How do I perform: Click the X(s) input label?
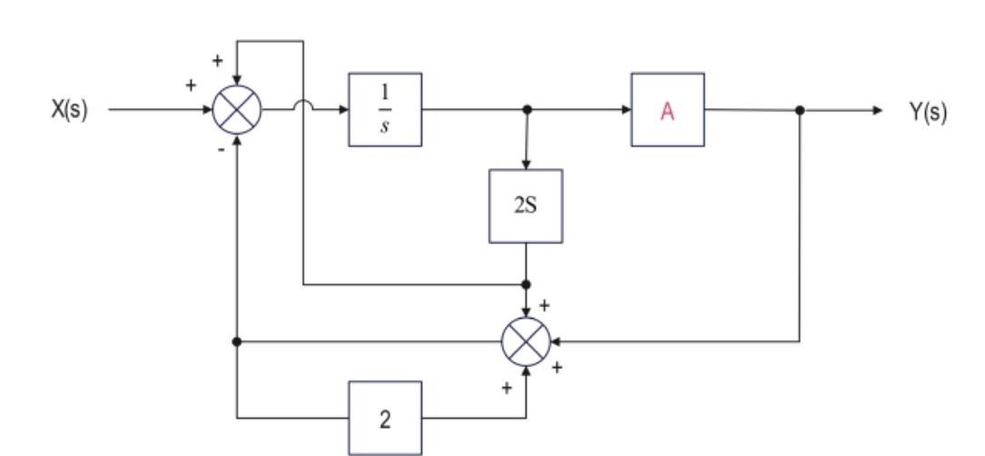[x=68, y=111]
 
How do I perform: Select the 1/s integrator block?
[x=384, y=110]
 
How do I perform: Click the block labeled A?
[x=667, y=110]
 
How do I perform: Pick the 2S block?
[x=525, y=205]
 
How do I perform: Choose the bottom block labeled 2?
[x=384, y=418]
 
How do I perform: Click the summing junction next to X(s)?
[x=236, y=111]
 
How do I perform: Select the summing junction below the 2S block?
[x=526, y=342]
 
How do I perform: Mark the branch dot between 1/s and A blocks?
[x=526, y=110]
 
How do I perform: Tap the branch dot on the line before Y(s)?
[x=799, y=110]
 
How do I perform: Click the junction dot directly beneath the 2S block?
[x=526, y=284]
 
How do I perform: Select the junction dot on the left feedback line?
[x=236, y=342]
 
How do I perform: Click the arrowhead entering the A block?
[x=626, y=110]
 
